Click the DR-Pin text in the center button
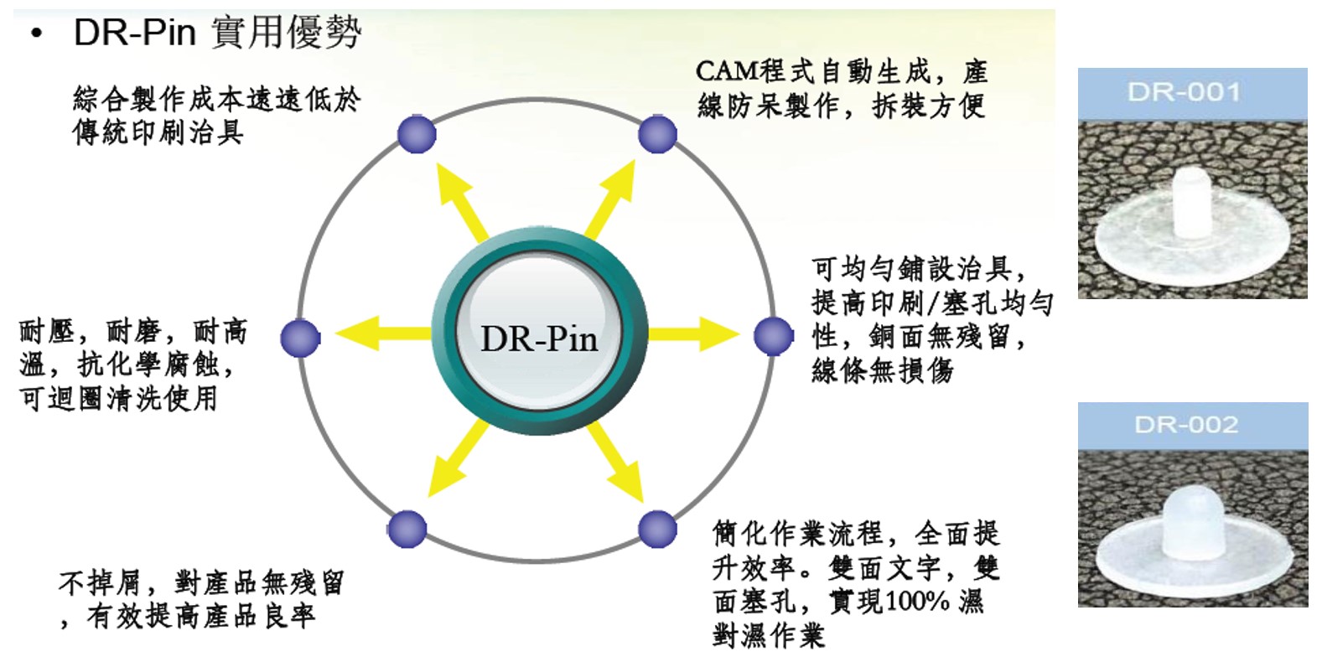pos(539,339)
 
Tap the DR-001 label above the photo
pos(1184,91)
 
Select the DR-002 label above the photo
pos(1186,424)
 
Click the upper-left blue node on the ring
pos(417,134)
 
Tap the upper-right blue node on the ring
pos(657,134)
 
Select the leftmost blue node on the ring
pos(300,338)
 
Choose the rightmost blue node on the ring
pos(773,336)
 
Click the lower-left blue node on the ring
pos(407,529)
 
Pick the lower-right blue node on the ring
pos(657,529)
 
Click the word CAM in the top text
pos(727,72)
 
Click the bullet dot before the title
pos(36,34)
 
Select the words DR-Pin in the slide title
pos(135,33)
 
